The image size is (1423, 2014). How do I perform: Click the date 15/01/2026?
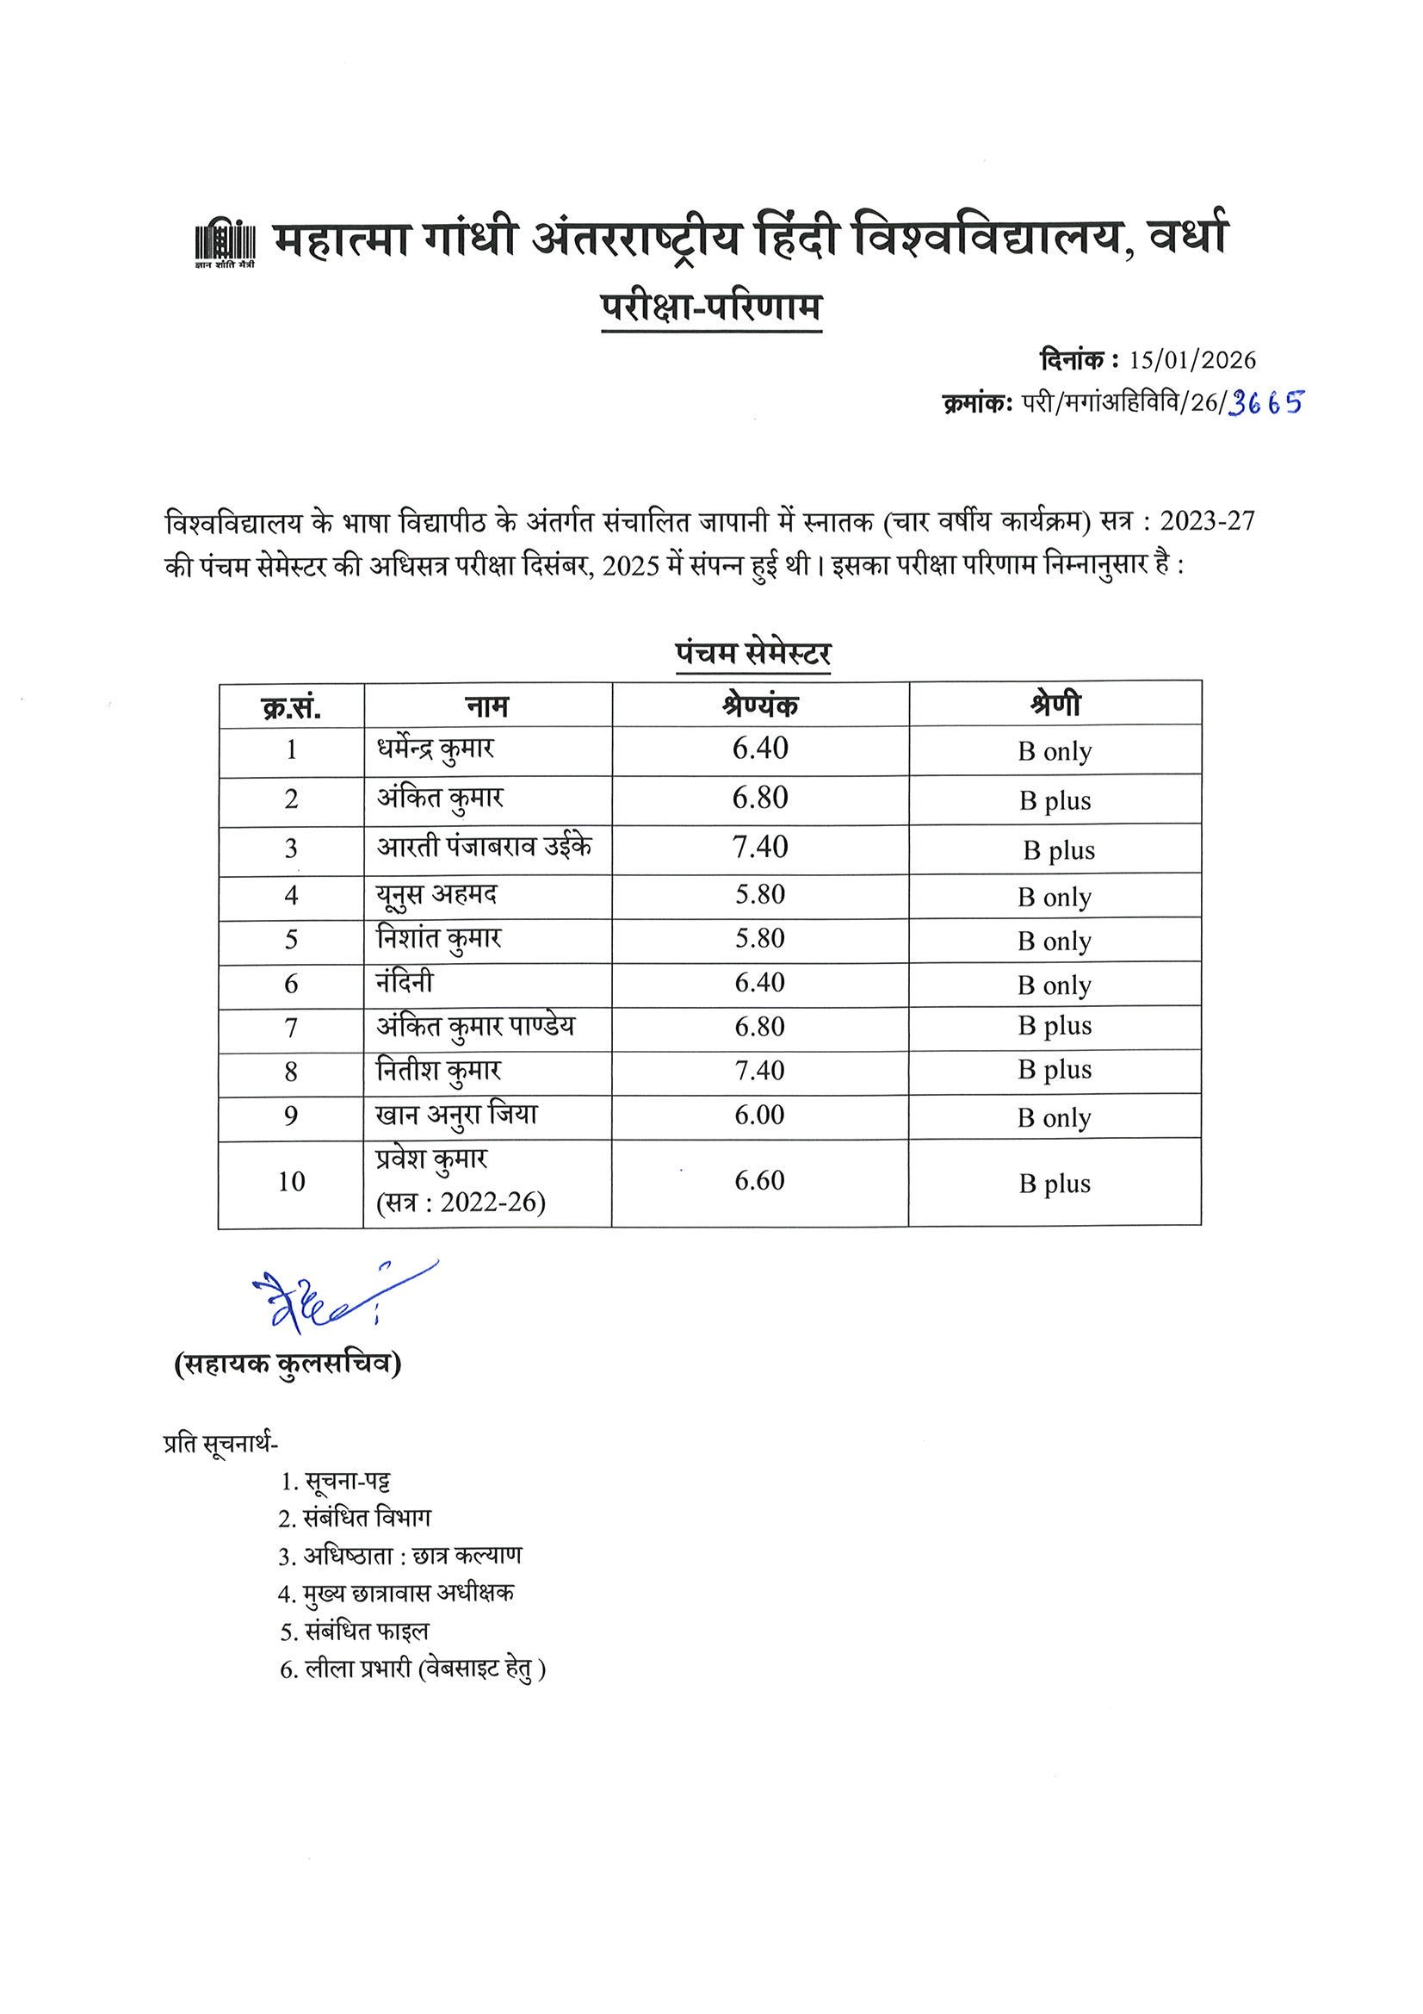pyautogui.click(x=1192, y=360)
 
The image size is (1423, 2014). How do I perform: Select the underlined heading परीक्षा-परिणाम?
pyautogui.click(x=711, y=308)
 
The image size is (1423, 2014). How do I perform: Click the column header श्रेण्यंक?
pyautogui.click(x=760, y=705)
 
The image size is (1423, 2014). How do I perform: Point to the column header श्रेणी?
pyautogui.click(x=1055, y=704)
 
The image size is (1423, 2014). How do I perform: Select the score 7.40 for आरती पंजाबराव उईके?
pyautogui.click(x=760, y=847)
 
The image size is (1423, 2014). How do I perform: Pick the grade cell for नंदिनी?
pyautogui.click(x=1055, y=985)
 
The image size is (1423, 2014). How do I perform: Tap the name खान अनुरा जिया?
pyautogui.click(x=457, y=1115)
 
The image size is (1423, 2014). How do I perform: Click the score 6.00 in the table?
pyautogui.click(x=759, y=1115)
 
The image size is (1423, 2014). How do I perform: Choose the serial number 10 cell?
pyautogui.click(x=291, y=1182)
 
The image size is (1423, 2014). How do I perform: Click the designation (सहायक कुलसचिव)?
pyautogui.click(x=288, y=1364)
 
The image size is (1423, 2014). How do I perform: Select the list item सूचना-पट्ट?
pyautogui.click(x=347, y=1482)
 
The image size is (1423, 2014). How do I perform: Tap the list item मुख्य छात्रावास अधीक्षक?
pyautogui.click(x=409, y=1592)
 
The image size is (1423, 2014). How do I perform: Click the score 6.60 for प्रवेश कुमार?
pyautogui.click(x=759, y=1181)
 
